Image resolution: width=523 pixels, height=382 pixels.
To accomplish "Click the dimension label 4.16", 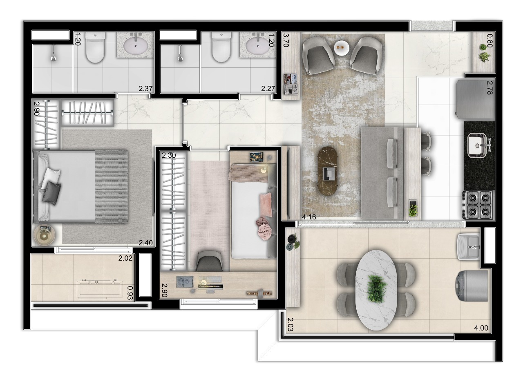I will pos(308,217).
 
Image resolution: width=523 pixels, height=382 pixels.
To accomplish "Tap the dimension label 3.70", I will pos(286,41).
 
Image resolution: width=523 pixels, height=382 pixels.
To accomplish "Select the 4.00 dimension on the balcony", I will pos(481,328).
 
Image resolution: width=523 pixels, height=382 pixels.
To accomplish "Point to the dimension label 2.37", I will pos(146,88).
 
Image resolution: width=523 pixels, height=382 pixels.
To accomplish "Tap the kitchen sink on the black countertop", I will pos(476,145).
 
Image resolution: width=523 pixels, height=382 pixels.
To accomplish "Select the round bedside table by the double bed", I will pos(44,235).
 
